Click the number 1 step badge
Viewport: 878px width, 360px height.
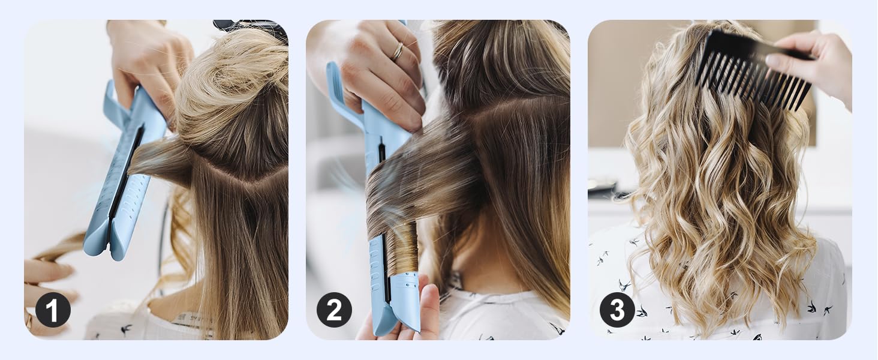click(x=53, y=310)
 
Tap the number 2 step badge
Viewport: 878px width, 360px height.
click(x=334, y=310)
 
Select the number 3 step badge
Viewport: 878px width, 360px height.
click(x=617, y=310)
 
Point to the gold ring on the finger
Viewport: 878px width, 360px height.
click(x=397, y=52)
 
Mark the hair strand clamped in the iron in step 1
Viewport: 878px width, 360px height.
click(x=159, y=159)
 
